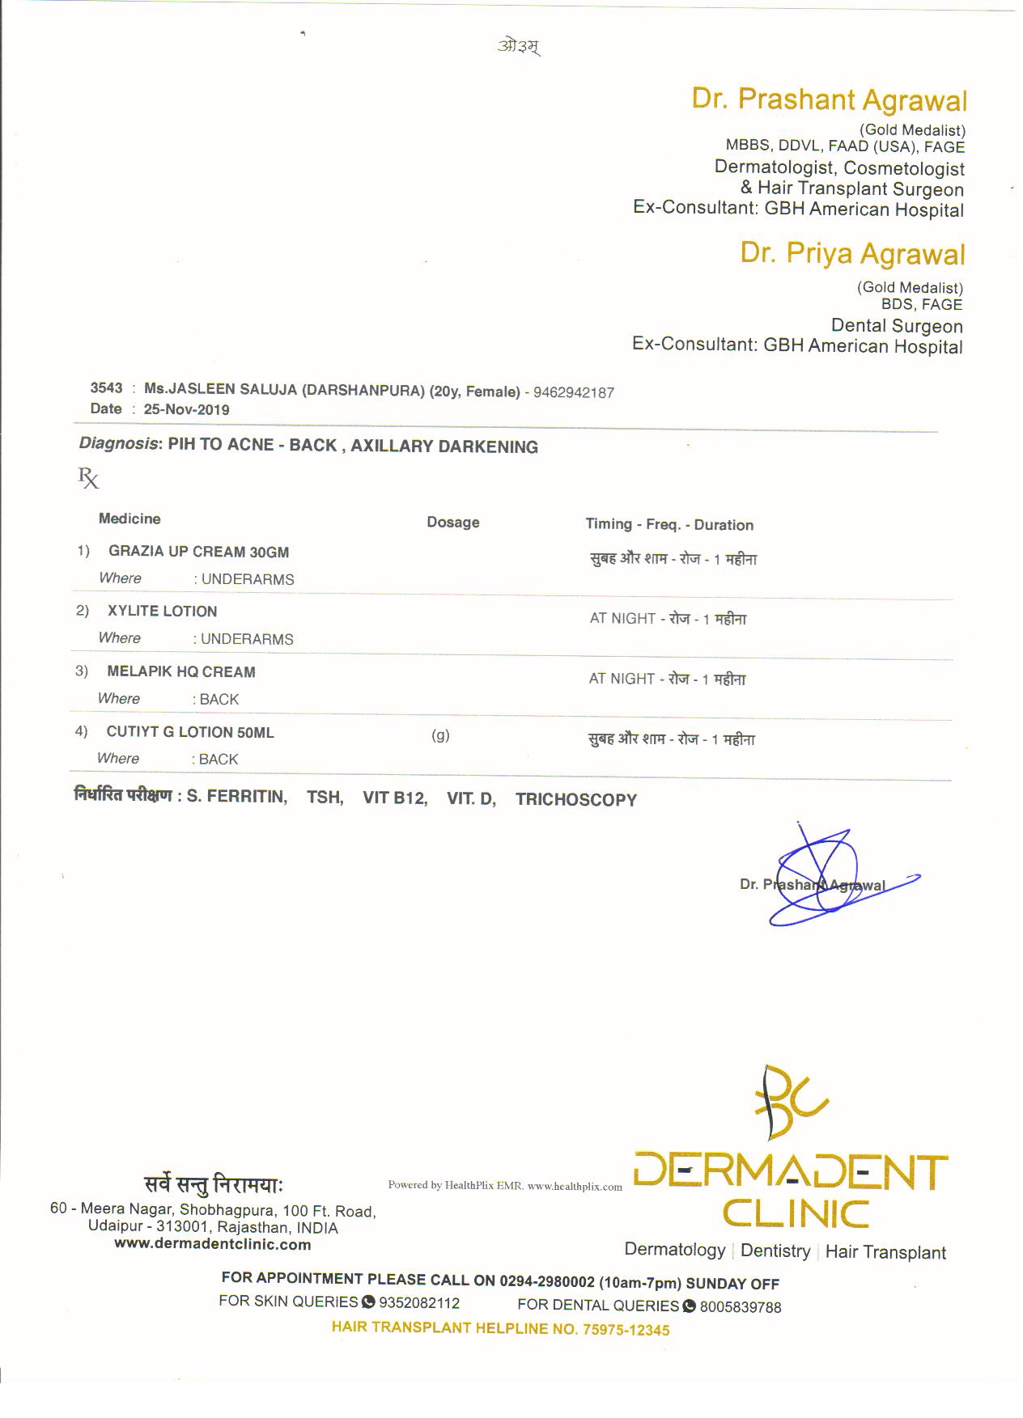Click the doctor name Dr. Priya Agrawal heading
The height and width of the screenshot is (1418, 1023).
(x=852, y=253)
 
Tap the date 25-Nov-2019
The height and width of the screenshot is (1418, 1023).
(x=186, y=409)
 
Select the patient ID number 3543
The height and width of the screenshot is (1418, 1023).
(x=106, y=388)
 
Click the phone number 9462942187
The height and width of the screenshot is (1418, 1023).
(x=574, y=393)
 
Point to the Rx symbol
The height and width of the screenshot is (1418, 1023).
(x=88, y=478)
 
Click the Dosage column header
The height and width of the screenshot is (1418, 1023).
(x=452, y=523)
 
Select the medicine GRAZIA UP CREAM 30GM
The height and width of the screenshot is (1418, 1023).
(x=198, y=552)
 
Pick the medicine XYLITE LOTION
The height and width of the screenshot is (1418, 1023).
(x=162, y=612)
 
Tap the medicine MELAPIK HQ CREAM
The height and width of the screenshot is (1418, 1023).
(x=181, y=672)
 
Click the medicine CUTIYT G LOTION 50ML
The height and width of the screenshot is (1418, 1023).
(x=190, y=733)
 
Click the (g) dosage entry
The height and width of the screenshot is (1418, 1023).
(x=440, y=735)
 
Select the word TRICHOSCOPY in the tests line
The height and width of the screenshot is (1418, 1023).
(x=575, y=800)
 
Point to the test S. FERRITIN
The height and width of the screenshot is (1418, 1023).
(x=236, y=798)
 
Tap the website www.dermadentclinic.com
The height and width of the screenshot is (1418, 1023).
(x=213, y=1245)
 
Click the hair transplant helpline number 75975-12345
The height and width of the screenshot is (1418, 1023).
(x=626, y=1330)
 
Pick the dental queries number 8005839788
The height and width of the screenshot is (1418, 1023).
(x=740, y=1307)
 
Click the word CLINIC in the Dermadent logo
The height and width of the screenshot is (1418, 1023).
(x=796, y=1214)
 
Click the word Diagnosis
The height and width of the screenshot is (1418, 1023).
(x=118, y=443)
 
